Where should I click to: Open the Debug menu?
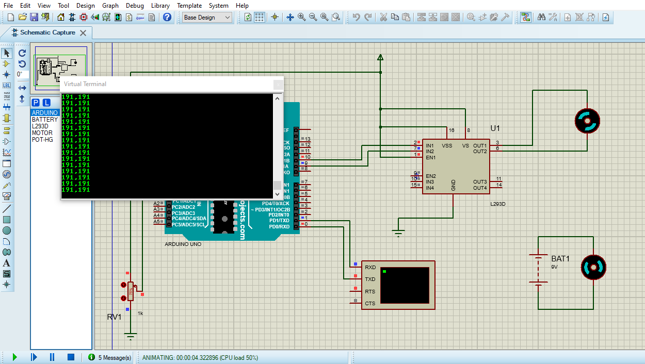click(135, 5)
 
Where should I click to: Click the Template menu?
click(189, 5)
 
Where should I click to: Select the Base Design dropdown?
click(207, 17)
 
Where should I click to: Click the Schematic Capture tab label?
click(47, 32)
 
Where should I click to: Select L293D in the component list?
click(40, 126)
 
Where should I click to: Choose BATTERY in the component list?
click(45, 120)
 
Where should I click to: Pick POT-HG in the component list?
click(42, 140)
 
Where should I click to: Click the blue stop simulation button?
click(71, 357)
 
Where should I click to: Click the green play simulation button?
click(14, 357)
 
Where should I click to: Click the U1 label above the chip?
click(495, 128)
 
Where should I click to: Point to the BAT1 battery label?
click(560, 259)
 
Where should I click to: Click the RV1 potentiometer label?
click(114, 317)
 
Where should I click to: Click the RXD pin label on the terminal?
click(370, 268)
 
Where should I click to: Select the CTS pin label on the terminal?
click(370, 304)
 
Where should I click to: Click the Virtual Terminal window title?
click(85, 84)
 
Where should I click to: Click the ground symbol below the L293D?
click(398, 233)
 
